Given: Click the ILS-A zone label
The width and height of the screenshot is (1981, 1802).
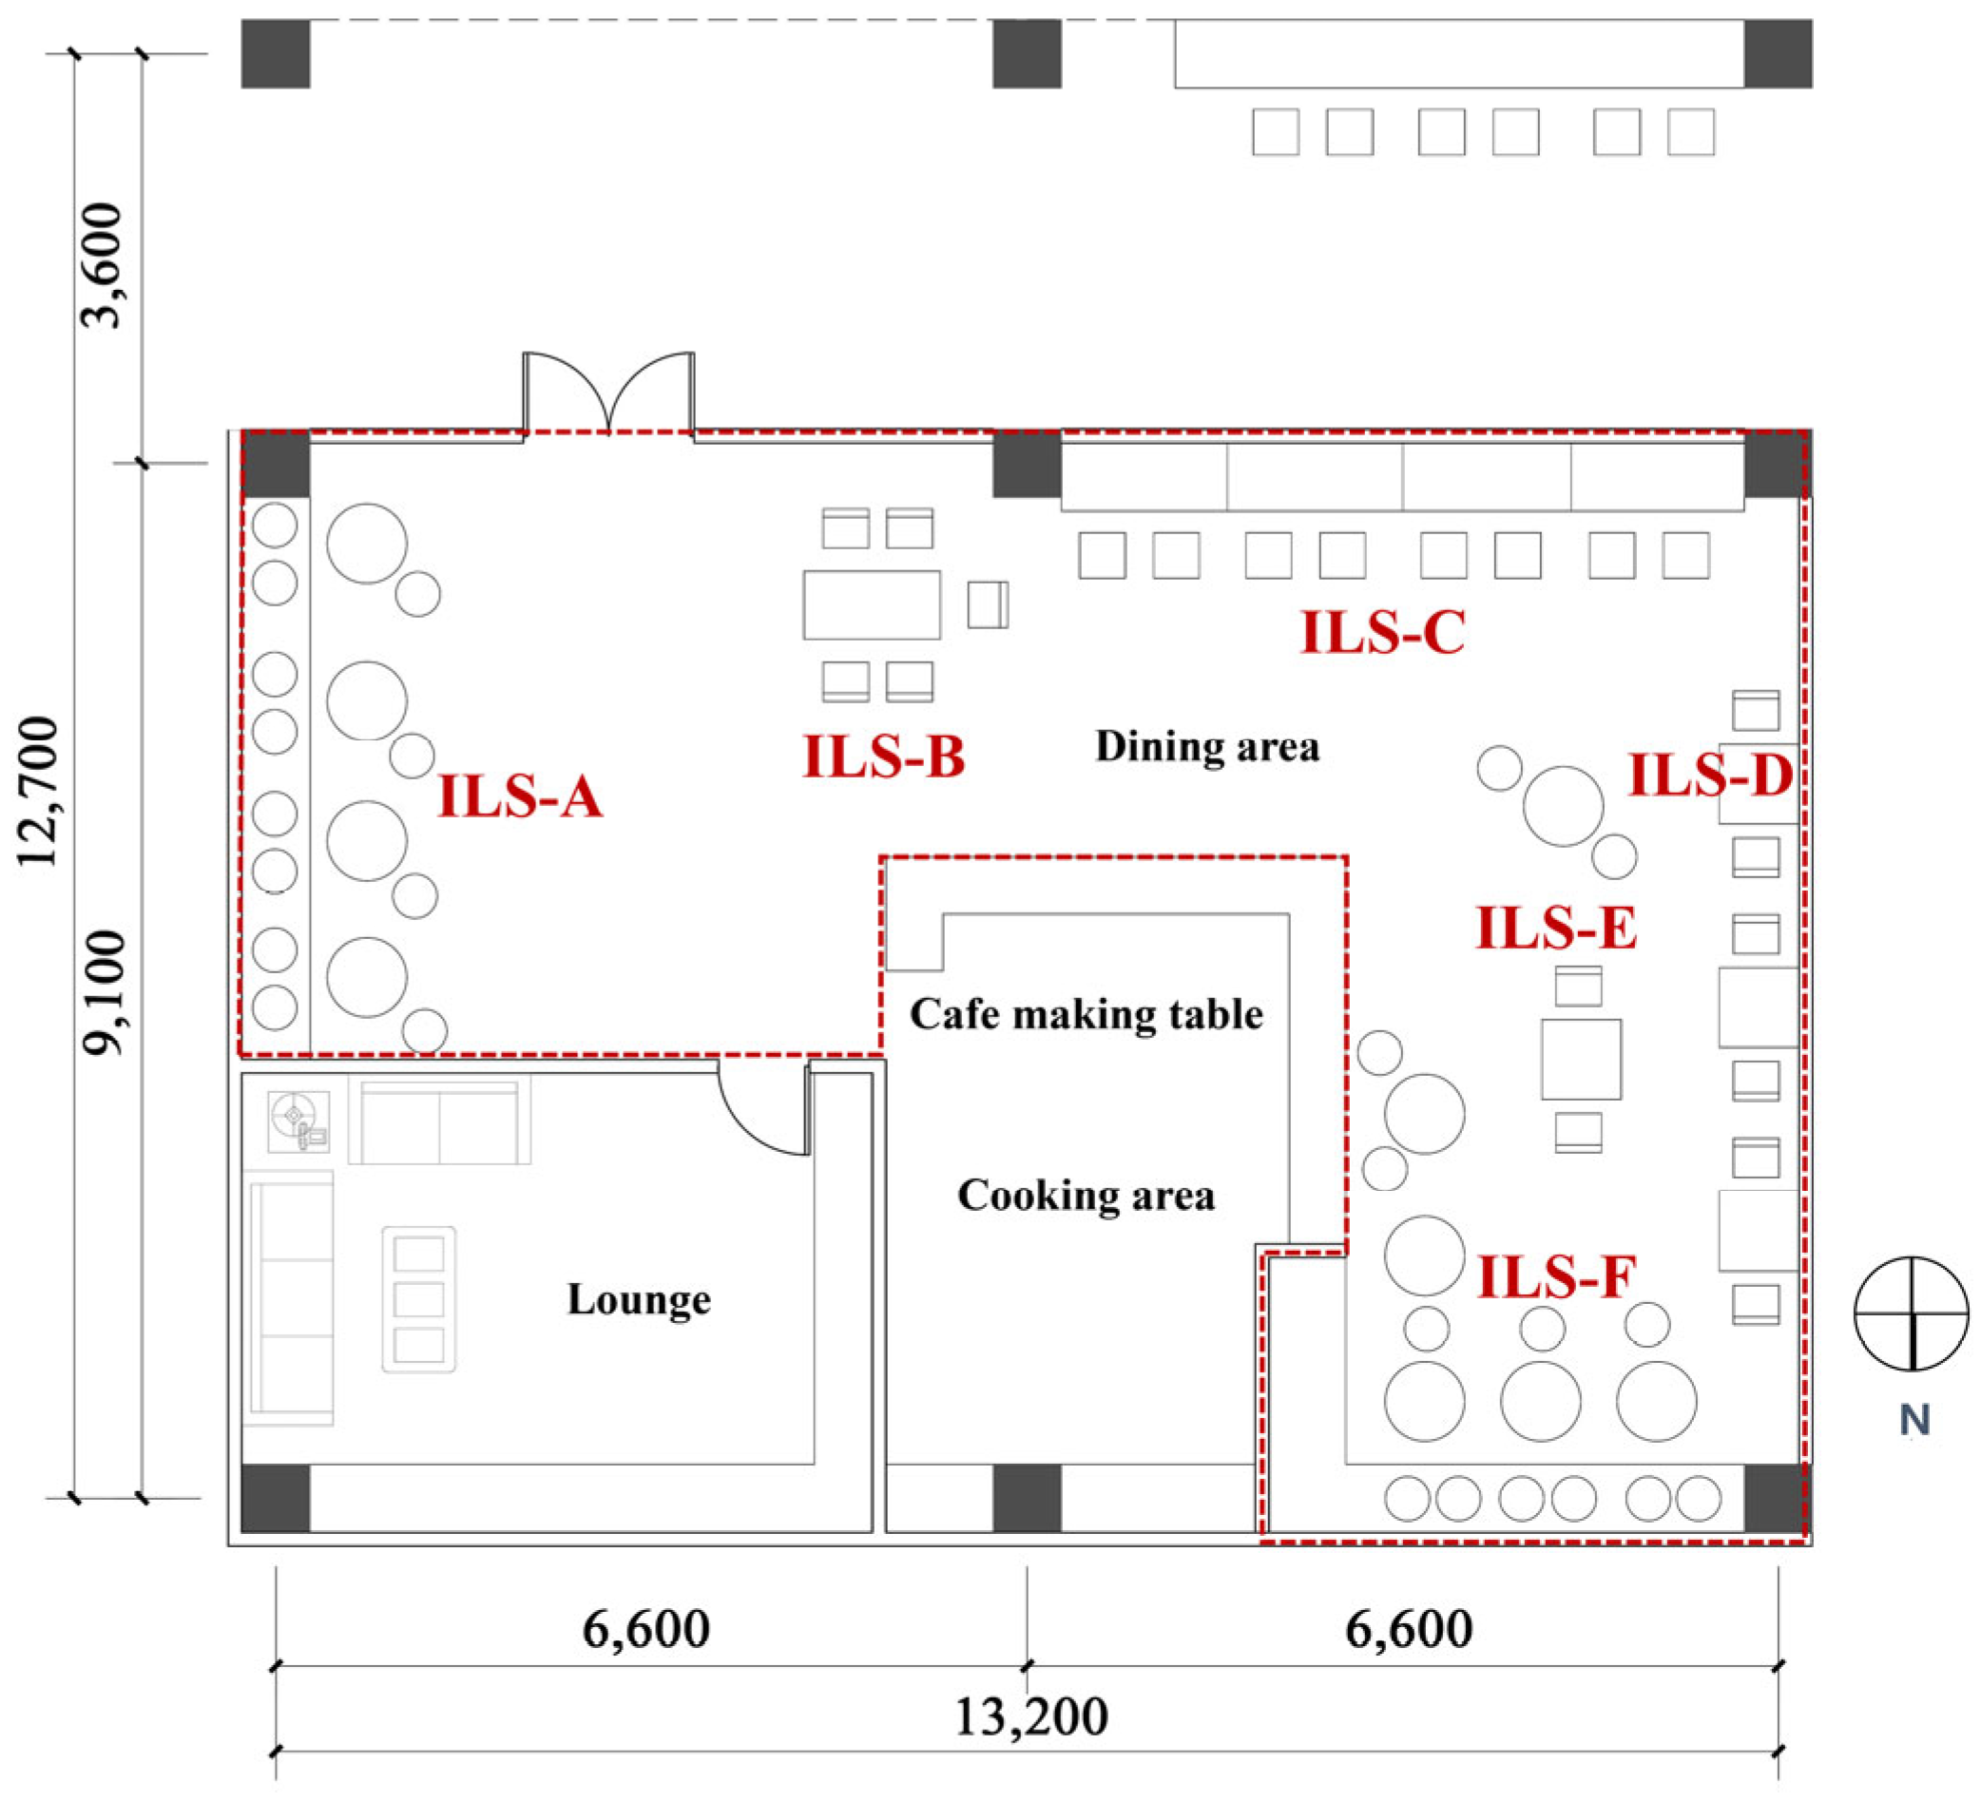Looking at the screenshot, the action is [x=520, y=796].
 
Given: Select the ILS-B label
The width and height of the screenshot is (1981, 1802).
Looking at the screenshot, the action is [x=884, y=757].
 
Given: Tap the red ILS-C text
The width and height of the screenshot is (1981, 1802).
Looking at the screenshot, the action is [x=1383, y=632].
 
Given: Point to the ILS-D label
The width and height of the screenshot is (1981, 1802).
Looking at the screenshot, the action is [x=1711, y=776].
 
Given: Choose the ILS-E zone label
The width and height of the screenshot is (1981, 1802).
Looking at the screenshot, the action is [x=1556, y=928].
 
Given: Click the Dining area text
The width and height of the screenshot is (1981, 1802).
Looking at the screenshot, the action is [x=1207, y=747].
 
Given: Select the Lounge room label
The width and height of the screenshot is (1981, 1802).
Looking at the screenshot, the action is [x=639, y=1300].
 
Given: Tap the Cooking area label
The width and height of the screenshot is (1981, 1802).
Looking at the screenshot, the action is [x=1086, y=1196].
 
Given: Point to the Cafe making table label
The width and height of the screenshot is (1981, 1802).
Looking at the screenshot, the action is [x=1086, y=1014].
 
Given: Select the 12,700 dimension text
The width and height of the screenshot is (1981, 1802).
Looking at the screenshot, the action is [x=39, y=792].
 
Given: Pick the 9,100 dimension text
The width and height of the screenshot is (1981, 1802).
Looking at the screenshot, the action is [x=105, y=992].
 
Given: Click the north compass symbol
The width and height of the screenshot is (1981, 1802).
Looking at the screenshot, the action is [x=1912, y=1313].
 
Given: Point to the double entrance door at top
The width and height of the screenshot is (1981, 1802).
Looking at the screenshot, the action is [x=609, y=393].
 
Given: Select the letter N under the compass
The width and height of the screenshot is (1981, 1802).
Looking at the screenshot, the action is [x=1914, y=1421].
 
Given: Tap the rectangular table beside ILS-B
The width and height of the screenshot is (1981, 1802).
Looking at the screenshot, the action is [x=872, y=605].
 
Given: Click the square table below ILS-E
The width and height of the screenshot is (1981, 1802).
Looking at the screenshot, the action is [x=1581, y=1059].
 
